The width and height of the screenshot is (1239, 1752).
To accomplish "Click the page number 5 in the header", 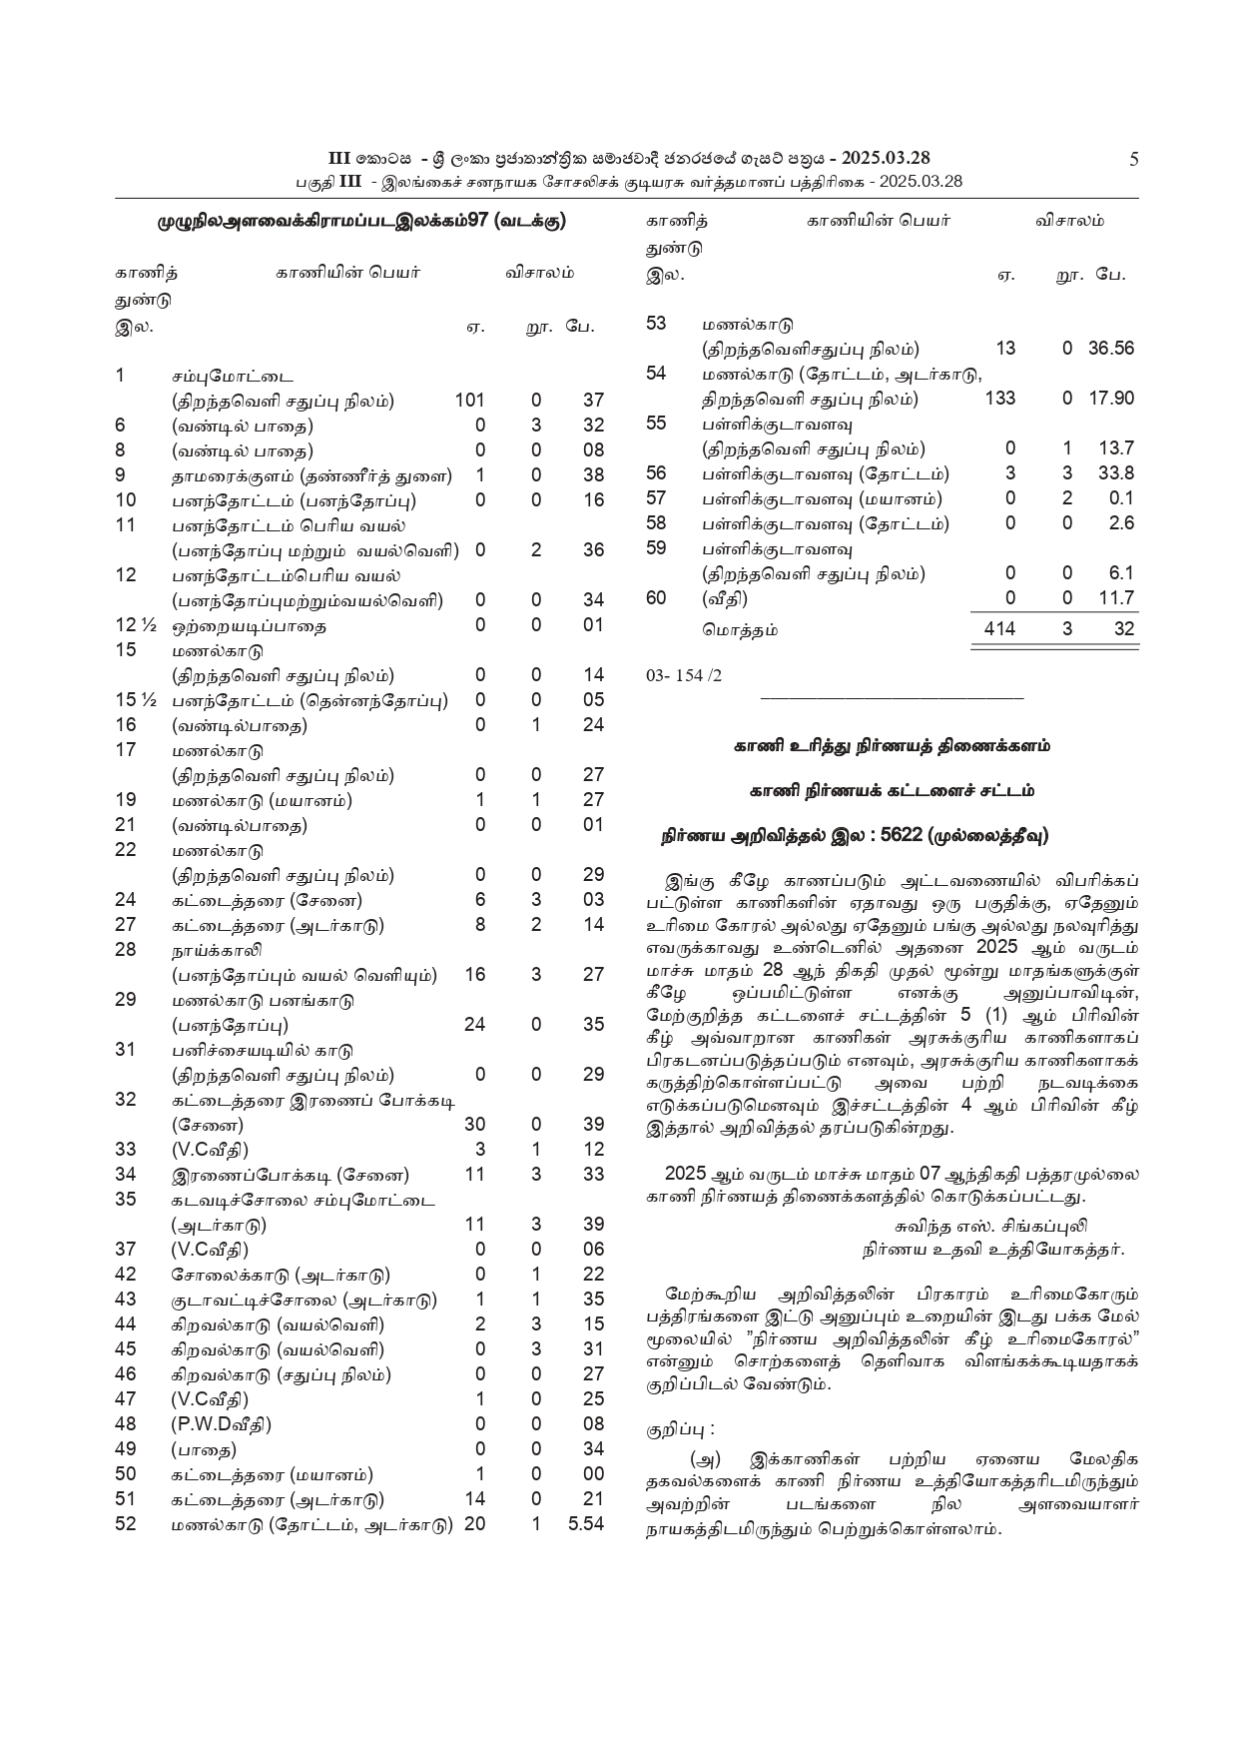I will coord(1133,158).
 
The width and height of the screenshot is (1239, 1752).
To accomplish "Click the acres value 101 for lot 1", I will coord(469,401).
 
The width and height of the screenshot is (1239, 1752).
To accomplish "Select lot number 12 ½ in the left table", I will coord(137,625).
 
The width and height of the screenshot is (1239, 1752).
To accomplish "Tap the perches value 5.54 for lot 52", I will coord(586,1524).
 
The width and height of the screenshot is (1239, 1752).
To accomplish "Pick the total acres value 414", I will coord(998,628).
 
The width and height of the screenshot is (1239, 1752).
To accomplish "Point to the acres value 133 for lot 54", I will coord(999,399).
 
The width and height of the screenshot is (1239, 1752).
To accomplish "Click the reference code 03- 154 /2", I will coord(684,675).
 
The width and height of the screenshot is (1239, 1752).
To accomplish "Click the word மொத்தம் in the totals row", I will coord(739,630).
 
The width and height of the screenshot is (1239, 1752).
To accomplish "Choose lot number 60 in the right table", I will coord(656,598).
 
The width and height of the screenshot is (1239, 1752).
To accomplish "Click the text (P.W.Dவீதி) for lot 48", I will coord(222,1424).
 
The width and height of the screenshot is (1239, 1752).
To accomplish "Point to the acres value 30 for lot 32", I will coord(474,1125).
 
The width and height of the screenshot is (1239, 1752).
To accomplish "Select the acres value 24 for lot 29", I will coord(474,1025).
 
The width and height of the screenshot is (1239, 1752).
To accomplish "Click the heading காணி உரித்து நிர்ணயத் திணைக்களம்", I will coord(892,745).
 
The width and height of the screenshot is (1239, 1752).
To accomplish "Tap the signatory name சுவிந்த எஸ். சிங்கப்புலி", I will coord(990,1226).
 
